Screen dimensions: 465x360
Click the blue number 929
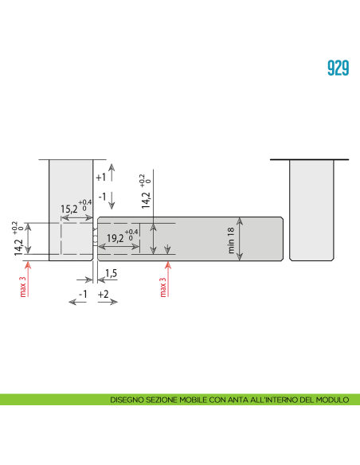(x=338, y=68)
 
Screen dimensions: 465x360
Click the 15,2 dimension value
(x=68, y=209)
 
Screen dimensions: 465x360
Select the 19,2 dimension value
(x=115, y=237)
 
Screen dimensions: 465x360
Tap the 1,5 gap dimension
(x=111, y=273)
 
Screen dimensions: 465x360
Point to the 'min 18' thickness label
(x=232, y=240)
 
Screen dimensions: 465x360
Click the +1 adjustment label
(x=100, y=178)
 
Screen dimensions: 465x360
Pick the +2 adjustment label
(x=104, y=295)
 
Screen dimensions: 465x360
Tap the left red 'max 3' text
(x=23, y=285)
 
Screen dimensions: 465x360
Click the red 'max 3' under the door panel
(x=163, y=287)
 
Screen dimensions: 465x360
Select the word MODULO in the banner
(x=333, y=401)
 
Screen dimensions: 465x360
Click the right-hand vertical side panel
(x=310, y=209)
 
